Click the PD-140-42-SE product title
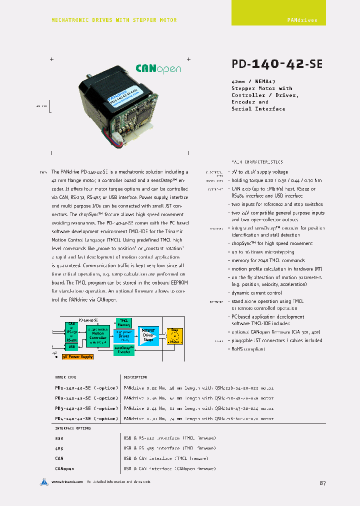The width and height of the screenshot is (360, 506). coord(277,64)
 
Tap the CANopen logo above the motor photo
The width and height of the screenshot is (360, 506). coord(158,69)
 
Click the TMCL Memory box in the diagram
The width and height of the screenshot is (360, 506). coord(124,322)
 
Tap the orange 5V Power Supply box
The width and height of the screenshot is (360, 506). coord(77,356)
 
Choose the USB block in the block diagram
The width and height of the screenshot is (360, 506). coord(71,346)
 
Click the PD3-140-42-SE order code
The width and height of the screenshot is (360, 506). coord(86,408)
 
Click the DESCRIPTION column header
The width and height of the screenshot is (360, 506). coord(135,377)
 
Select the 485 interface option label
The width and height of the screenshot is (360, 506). coord(59,448)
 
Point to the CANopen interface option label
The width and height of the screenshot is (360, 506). coord(64,468)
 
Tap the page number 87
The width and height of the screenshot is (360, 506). coord(322,483)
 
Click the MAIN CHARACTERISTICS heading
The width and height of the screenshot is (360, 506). coord(256,162)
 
